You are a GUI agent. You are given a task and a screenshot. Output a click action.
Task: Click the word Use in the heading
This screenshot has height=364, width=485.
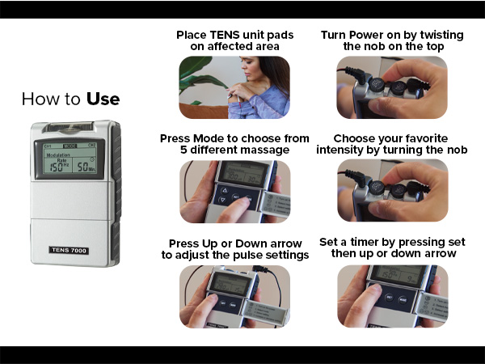pyautogui.click(x=103, y=99)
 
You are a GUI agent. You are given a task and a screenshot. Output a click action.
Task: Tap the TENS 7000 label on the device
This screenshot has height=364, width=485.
pyautogui.click(x=69, y=252)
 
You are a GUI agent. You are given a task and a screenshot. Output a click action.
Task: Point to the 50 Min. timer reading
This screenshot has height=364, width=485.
pyautogui.click(x=91, y=167)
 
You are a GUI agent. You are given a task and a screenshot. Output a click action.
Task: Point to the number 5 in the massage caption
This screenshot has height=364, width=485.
pyautogui.click(x=184, y=150)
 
